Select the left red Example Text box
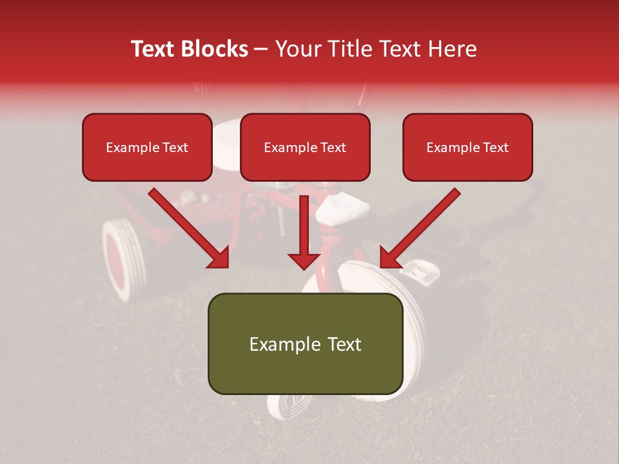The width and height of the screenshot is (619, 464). pos(147,148)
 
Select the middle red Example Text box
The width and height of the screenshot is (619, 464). pos(305,148)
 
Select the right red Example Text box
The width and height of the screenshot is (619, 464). pos(467,148)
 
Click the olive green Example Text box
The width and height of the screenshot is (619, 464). pos(305,343)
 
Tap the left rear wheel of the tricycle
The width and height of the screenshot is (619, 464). pos(124,258)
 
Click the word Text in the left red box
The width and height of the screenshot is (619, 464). pos(175,148)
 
